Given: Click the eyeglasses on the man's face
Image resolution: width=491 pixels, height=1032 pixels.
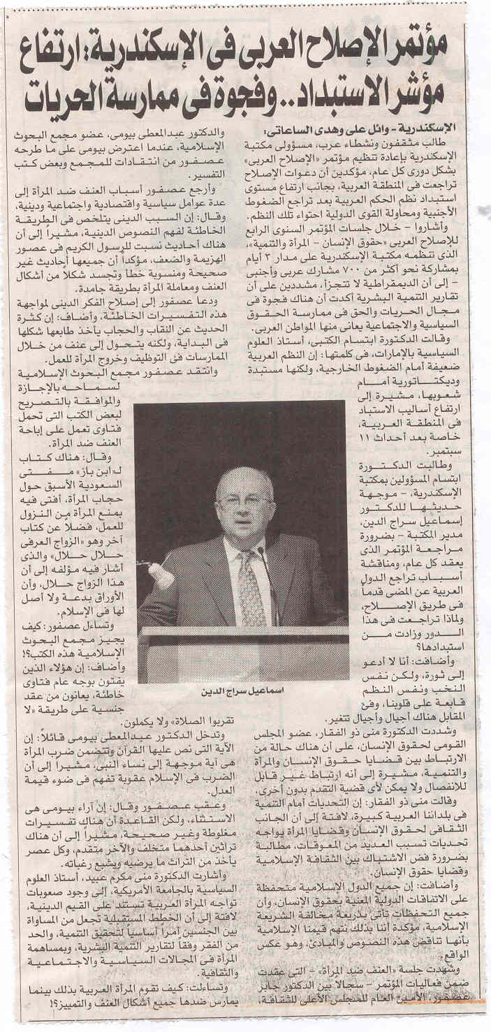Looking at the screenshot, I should (242, 501).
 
